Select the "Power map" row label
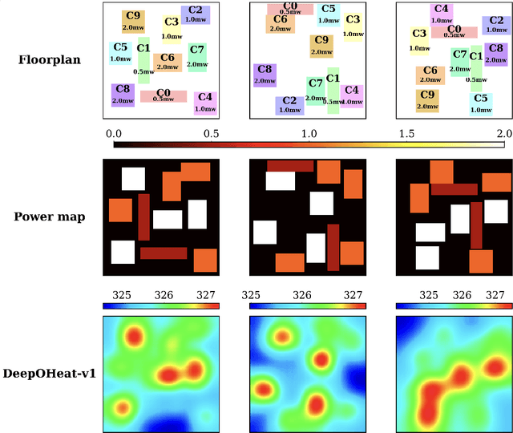coord(50,216)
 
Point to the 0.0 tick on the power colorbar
coord(114,133)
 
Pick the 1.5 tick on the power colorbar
coord(407,133)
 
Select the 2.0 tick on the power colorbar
coord(503,133)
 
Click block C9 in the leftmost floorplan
coord(133,22)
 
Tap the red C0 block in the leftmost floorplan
coord(164,96)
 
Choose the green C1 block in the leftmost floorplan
coord(143,60)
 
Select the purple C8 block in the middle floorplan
coord(265,75)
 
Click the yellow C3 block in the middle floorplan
coord(353,24)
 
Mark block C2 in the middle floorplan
coord(289,105)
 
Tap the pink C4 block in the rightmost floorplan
coord(440,14)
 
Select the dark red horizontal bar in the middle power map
coord(290,166)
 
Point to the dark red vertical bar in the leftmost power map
coord(143,216)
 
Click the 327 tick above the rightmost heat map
coord(499,295)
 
